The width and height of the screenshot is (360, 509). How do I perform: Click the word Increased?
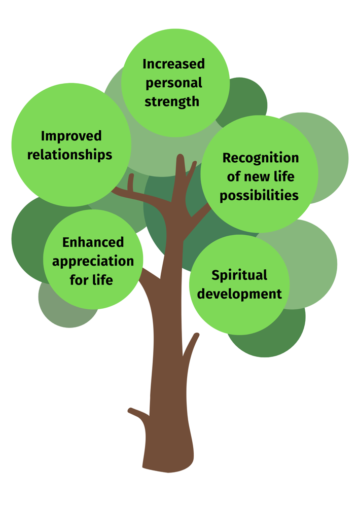174,64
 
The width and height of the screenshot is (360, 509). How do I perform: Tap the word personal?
174,83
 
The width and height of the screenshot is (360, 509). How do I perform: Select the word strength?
172,101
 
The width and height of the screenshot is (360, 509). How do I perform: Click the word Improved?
71,136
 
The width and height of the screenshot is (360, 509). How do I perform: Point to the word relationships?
70,155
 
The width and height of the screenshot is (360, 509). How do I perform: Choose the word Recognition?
261,158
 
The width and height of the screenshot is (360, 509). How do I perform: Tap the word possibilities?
259,195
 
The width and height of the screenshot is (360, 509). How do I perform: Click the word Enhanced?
93,242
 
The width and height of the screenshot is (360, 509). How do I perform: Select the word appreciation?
93,261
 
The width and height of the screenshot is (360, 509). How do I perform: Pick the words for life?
91,280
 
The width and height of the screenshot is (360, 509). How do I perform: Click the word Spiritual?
239,275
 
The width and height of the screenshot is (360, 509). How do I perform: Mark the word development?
239,294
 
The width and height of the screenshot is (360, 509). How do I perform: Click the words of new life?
261,176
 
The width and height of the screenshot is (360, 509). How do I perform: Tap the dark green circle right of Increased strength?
246,96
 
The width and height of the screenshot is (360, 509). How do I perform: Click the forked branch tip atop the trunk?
181,162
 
